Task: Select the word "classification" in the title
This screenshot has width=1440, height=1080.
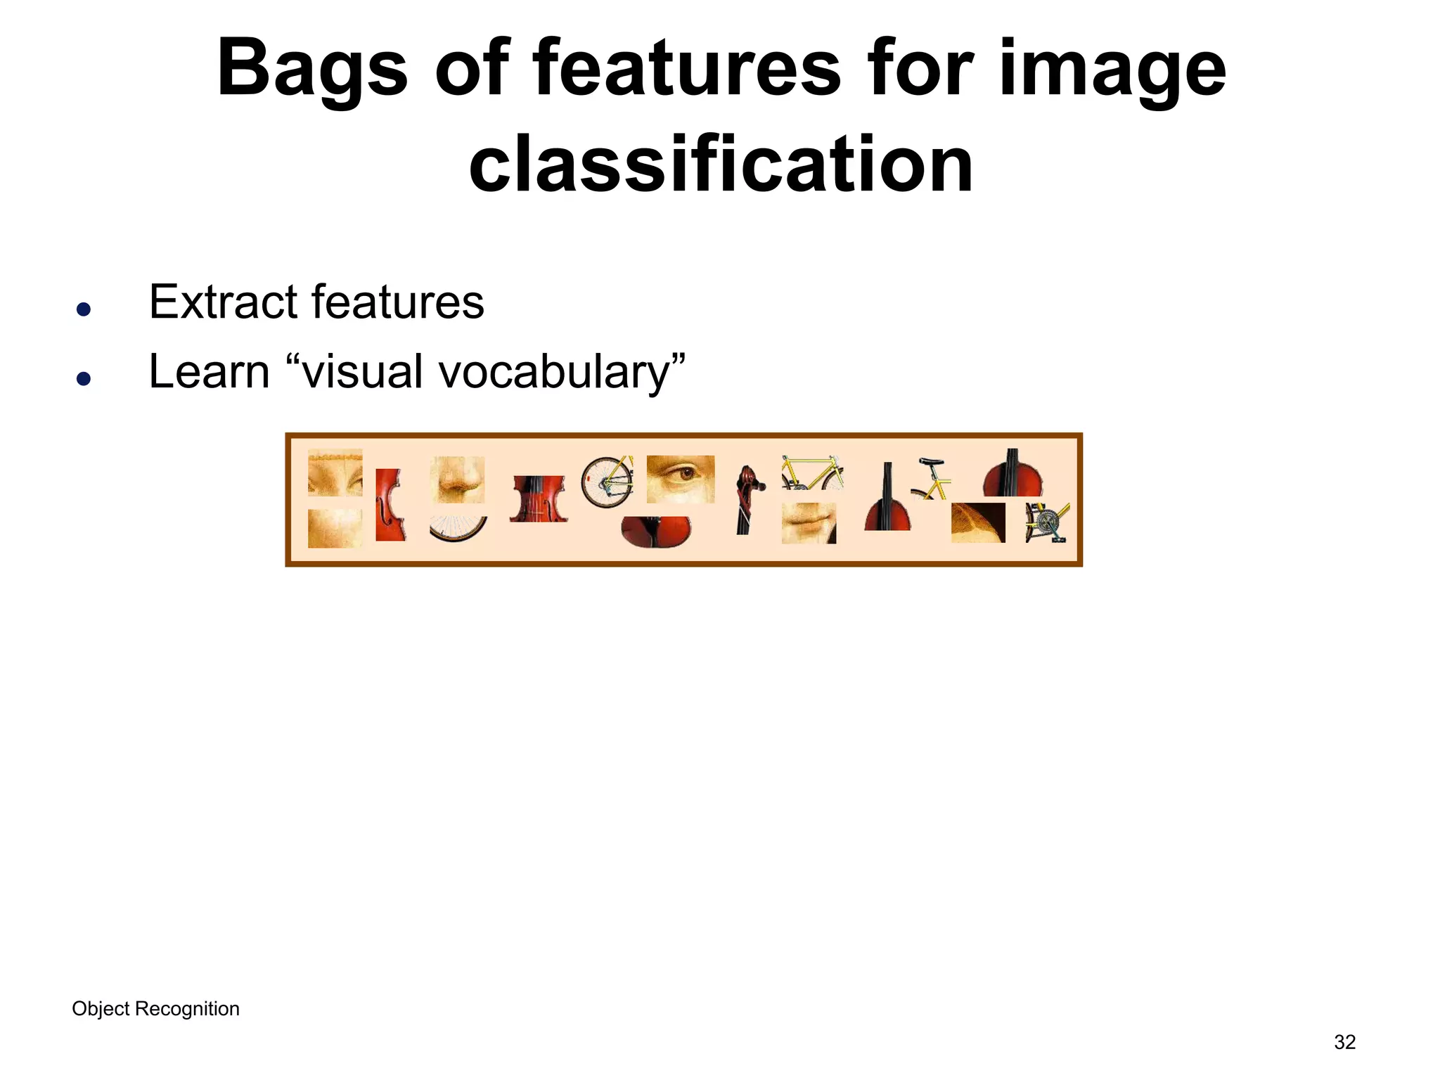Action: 721,165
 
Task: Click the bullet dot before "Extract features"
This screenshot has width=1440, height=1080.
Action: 84,309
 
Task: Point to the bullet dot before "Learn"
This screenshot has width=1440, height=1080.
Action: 84,379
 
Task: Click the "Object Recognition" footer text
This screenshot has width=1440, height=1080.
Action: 155,1008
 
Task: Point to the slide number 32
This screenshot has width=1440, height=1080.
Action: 1344,1042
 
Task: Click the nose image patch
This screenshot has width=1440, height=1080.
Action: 458,479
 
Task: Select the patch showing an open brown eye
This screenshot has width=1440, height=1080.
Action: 680,479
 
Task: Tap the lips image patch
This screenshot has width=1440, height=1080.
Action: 809,523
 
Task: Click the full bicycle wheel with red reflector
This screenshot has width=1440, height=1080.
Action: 607,482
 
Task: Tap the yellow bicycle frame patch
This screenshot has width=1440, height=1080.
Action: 812,472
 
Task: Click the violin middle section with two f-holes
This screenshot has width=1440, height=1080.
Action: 538,499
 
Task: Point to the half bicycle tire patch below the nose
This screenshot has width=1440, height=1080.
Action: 458,529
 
